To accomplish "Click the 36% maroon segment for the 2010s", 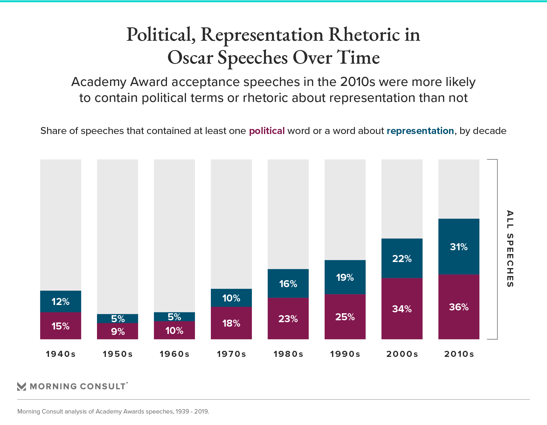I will (x=459, y=307).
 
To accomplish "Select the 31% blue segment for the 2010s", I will (x=459, y=247).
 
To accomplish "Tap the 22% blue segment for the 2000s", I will (x=402, y=258).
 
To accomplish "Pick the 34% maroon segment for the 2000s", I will (x=402, y=308).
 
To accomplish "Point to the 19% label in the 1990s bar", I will (x=345, y=277).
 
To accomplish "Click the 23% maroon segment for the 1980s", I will (x=288, y=318).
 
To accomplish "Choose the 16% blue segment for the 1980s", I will (x=288, y=283).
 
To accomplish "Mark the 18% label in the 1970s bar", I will (x=231, y=323).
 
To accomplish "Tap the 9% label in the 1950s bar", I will (x=118, y=331).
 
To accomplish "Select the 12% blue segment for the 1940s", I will (x=60, y=301).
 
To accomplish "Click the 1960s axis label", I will (x=174, y=354).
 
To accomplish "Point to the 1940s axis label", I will (x=60, y=354).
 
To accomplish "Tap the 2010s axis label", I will (x=459, y=354).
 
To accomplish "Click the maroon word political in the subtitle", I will (x=267, y=131).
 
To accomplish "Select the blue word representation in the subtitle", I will (x=420, y=131).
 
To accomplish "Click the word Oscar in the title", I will (x=190, y=58).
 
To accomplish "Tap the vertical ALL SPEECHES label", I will (x=510, y=249).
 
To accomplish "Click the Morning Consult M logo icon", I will (x=22, y=386).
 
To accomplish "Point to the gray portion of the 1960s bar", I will (x=174, y=236).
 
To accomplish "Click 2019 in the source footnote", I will (x=201, y=411).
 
